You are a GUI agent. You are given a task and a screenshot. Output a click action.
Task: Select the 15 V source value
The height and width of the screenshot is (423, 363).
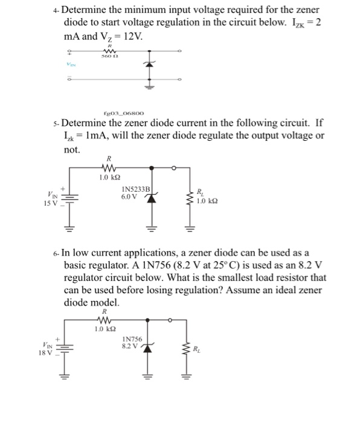[x=51, y=203]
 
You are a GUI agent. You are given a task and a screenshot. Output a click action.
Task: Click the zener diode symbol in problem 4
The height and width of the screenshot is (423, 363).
[x=147, y=62]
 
